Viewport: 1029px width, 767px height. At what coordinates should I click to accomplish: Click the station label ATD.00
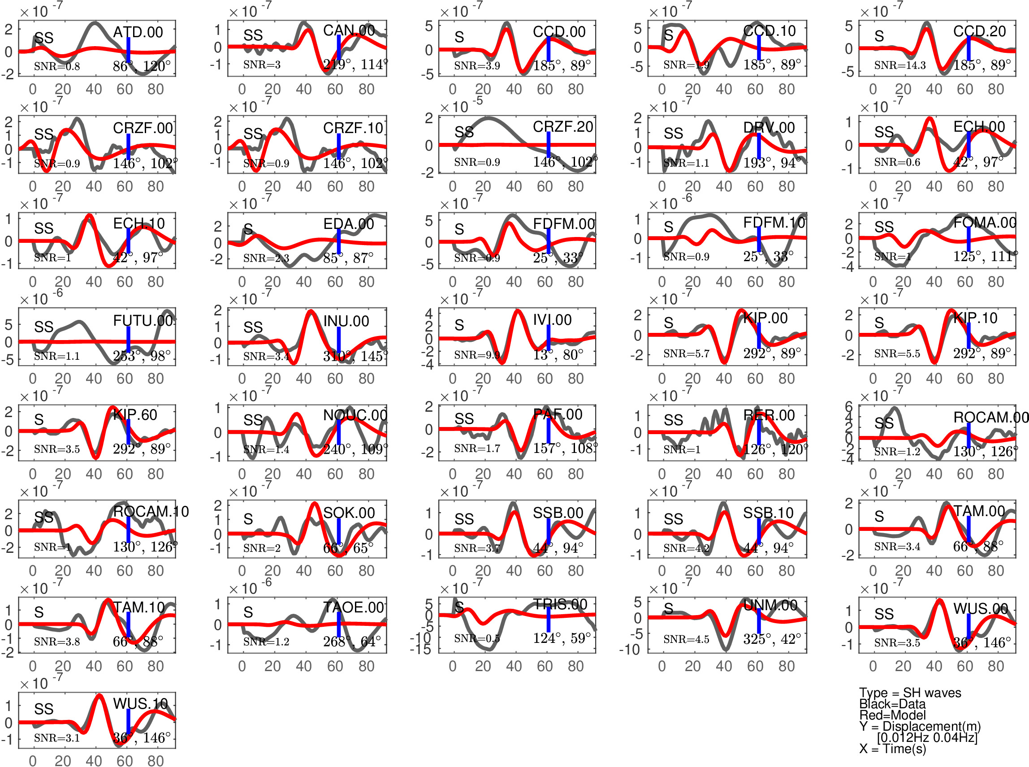pos(138,32)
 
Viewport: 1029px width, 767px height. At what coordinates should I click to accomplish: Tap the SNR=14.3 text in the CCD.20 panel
pos(899,65)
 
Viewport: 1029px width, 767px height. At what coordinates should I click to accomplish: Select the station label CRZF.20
pos(563,127)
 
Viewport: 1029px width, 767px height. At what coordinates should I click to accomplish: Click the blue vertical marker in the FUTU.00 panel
pos(128,340)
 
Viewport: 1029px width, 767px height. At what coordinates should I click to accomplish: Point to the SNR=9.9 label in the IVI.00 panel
pos(477,355)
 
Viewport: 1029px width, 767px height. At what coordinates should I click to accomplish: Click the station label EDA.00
pos(348,224)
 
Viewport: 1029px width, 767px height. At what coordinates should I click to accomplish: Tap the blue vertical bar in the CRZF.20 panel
pos(549,145)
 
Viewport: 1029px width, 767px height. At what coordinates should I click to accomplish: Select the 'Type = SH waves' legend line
pos(910,693)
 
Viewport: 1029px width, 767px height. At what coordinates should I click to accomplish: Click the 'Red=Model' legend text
pos(892,715)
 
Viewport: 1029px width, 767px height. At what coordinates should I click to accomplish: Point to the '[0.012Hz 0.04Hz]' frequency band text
pos(927,737)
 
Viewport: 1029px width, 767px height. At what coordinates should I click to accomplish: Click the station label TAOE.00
pos(353,608)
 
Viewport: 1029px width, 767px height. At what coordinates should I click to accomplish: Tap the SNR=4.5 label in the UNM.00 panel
pos(686,639)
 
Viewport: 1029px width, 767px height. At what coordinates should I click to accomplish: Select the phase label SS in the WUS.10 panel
pos(43,709)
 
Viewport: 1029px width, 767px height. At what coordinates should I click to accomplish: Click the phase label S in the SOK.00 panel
pos(248,519)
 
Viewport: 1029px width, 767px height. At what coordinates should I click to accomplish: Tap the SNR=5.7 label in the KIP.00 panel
pos(686,354)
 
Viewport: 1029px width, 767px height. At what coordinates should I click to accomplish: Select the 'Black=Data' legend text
pos(892,704)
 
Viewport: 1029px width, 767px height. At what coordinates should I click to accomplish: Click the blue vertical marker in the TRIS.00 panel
pos(549,619)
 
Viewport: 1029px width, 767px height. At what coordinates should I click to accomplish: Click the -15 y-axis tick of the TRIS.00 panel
pos(421,649)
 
